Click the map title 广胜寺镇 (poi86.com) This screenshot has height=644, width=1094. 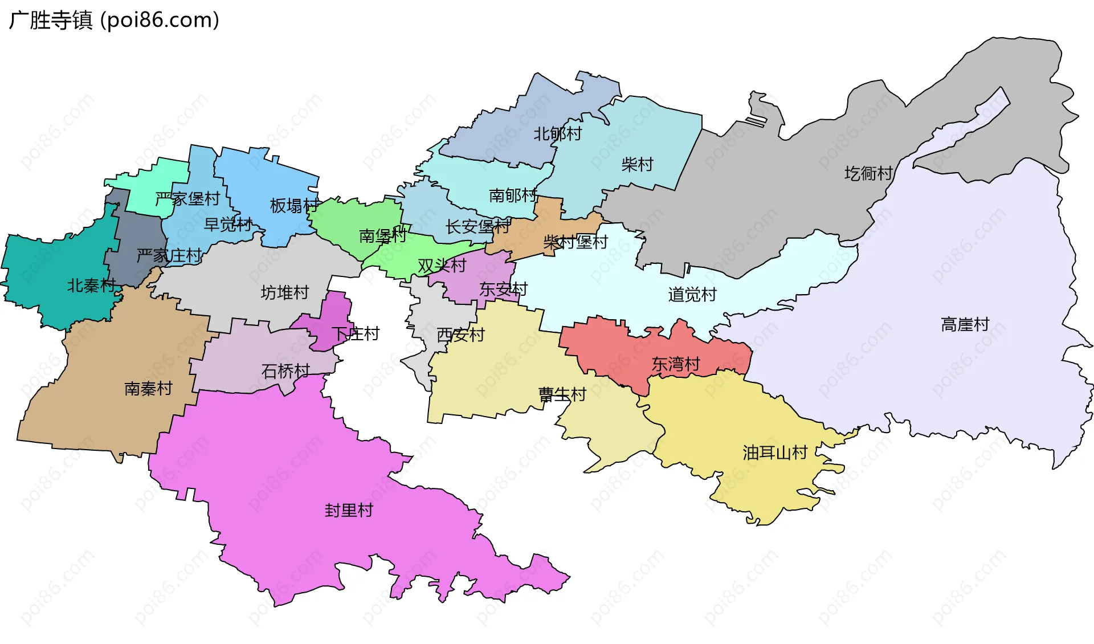(x=114, y=21)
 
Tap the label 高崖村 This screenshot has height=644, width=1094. (x=965, y=325)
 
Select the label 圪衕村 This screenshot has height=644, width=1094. (x=868, y=173)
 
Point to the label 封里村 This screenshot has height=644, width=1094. (x=349, y=510)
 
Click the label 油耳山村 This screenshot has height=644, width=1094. (x=775, y=453)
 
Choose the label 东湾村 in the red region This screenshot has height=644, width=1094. (x=675, y=364)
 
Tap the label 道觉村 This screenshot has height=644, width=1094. (x=692, y=295)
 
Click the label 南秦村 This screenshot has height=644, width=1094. (x=148, y=389)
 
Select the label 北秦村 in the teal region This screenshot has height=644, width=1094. (x=91, y=286)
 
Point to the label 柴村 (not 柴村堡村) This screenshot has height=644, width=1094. (x=637, y=165)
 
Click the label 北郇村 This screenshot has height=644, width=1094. (x=557, y=134)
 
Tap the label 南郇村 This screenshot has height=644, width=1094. (x=513, y=195)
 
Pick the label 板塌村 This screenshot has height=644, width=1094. (x=294, y=205)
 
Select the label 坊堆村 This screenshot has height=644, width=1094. (x=285, y=292)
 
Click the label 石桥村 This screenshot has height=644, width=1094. (x=285, y=371)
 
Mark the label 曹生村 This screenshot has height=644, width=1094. (x=562, y=394)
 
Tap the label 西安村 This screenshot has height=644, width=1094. (x=460, y=335)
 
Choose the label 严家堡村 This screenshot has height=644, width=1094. (x=187, y=199)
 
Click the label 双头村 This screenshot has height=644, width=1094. (x=442, y=266)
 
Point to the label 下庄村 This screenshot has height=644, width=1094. (x=356, y=333)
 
